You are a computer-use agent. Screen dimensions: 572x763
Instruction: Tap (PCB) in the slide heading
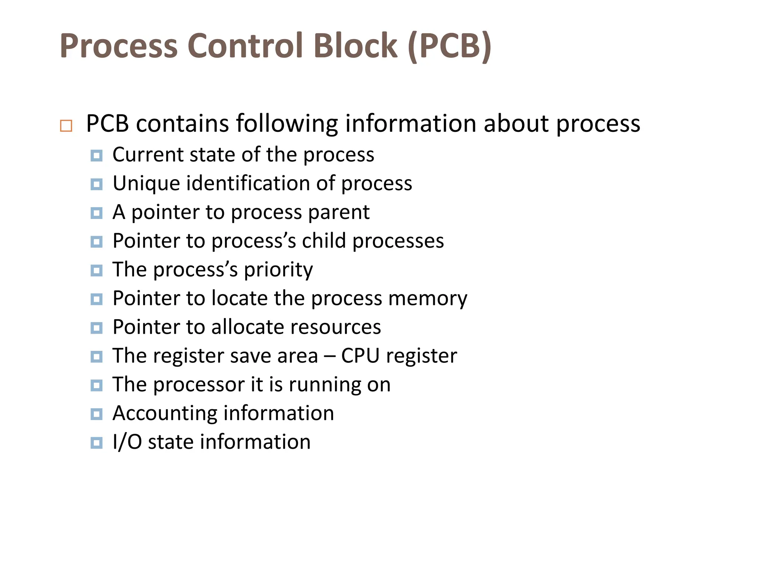(x=449, y=46)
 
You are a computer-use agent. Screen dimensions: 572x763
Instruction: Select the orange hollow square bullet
(x=66, y=126)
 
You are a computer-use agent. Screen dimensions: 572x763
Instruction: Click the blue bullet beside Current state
(x=96, y=156)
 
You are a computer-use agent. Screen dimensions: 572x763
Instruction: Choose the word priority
(x=278, y=270)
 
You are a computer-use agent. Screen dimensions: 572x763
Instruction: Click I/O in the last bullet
(x=127, y=442)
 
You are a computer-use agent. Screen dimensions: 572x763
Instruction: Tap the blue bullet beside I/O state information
(x=96, y=443)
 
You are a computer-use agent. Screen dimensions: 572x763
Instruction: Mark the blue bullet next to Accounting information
(x=96, y=414)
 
